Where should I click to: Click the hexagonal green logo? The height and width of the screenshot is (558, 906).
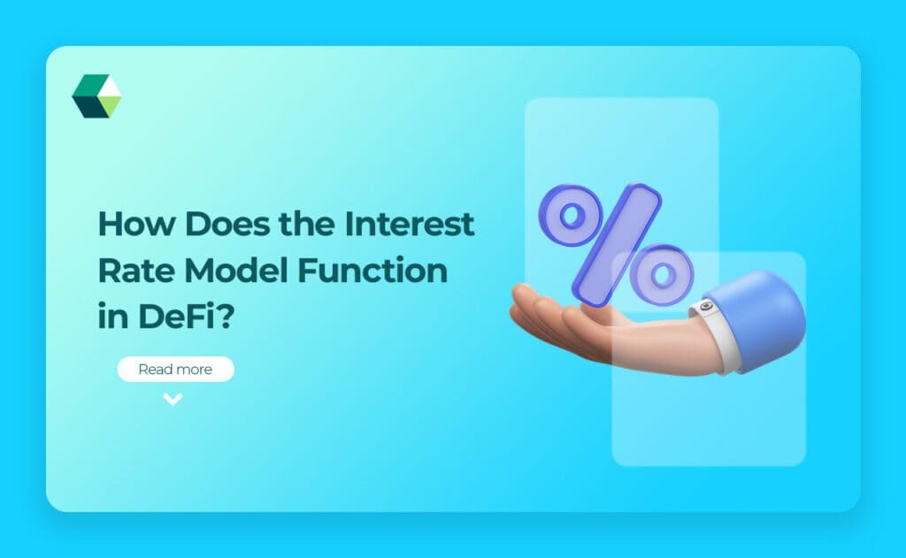pos(96,96)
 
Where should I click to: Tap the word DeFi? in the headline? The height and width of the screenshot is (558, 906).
pos(192,317)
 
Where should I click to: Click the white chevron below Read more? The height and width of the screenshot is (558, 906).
pos(173,399)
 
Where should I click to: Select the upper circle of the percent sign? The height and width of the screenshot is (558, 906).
pos(570,215)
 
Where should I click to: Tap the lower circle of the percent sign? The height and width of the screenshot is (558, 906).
pos(660,271)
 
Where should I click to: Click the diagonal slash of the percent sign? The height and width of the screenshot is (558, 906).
pos(616,244)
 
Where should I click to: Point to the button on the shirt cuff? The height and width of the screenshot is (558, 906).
pos(704,309)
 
